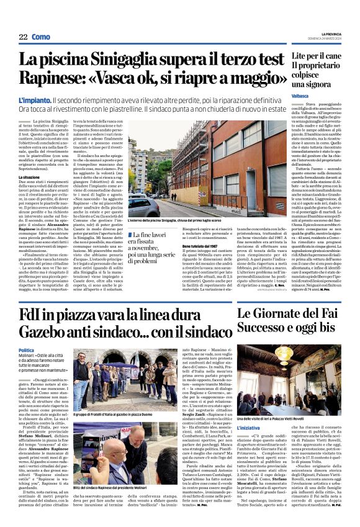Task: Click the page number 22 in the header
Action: pyautogui.click(x=24, y=38)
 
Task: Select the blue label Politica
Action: pyautogui.click(x=27, y=351)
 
